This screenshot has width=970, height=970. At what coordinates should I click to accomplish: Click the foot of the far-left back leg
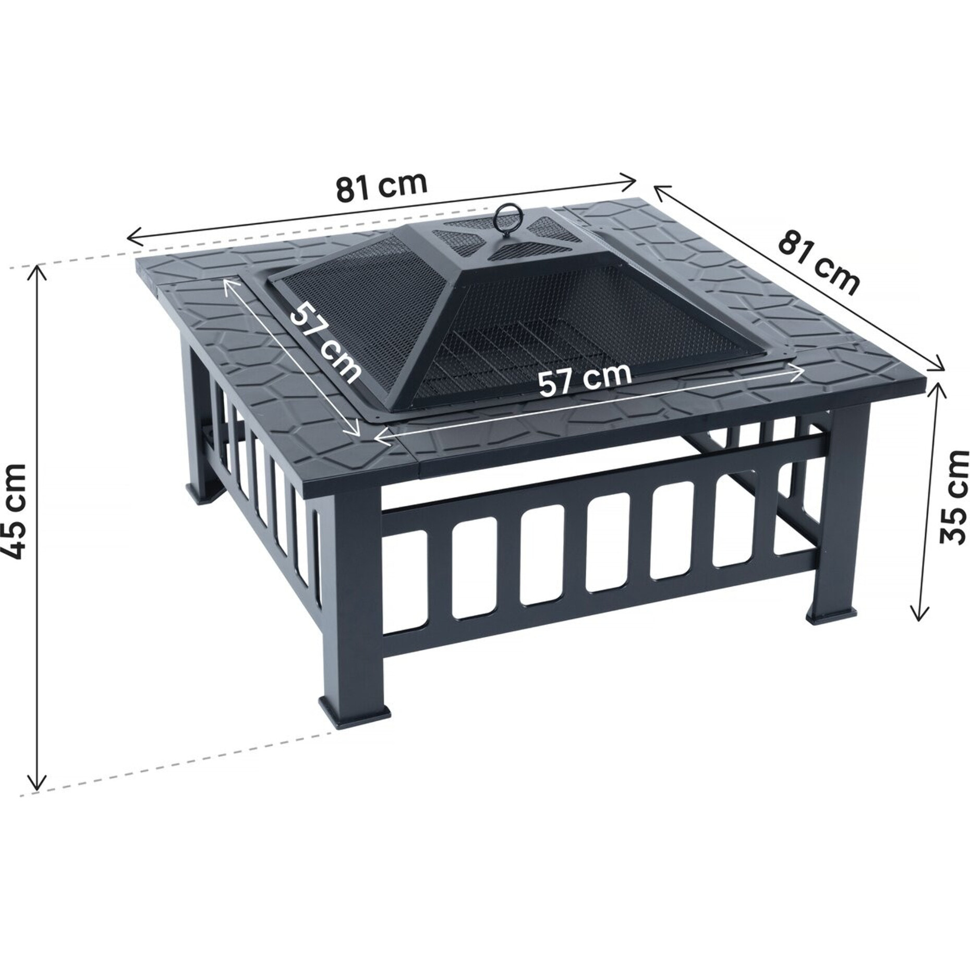[x=204, y=494]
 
